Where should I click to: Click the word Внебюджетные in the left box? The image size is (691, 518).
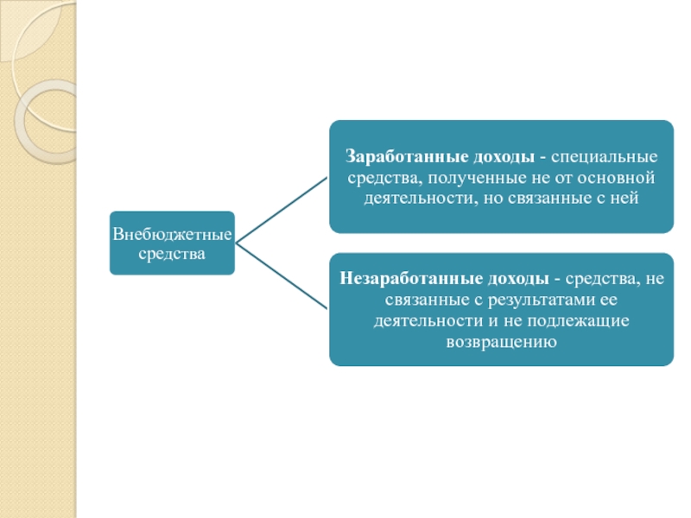click(x=172, y=234)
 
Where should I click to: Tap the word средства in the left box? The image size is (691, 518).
click(x=172, y=255)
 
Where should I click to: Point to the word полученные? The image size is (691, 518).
click(x=464, y=178)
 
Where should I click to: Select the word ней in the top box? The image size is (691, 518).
click(x=628, y=198)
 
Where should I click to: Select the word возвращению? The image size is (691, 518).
click(x=500, y=341)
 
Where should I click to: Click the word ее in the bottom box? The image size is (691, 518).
click(x=608, y=300)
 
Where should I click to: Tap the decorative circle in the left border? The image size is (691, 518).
click(x=48, y=121)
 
